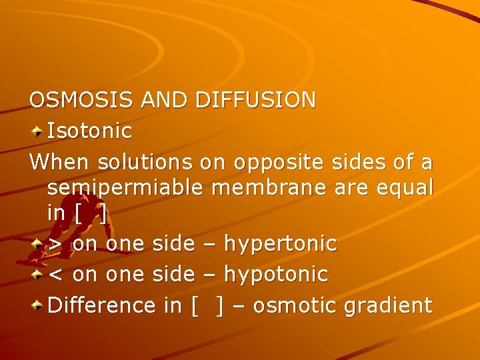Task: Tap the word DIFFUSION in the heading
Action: (x=255, y=100)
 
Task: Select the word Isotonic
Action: (x=90, y=131)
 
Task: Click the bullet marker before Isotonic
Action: (x=37, y=131)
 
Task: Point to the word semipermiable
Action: (x=123, y=188)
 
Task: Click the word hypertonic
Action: (x=281, y=245)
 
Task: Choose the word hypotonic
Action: (x=276, y=274)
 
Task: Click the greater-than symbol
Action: (x=56, y=245)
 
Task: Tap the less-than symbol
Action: (x=56, y=274)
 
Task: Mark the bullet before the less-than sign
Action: (x=37, y=274)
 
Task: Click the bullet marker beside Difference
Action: (x=37, y=305)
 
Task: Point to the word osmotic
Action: (x=295, y=305)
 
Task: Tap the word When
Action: (x=60, y=162)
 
